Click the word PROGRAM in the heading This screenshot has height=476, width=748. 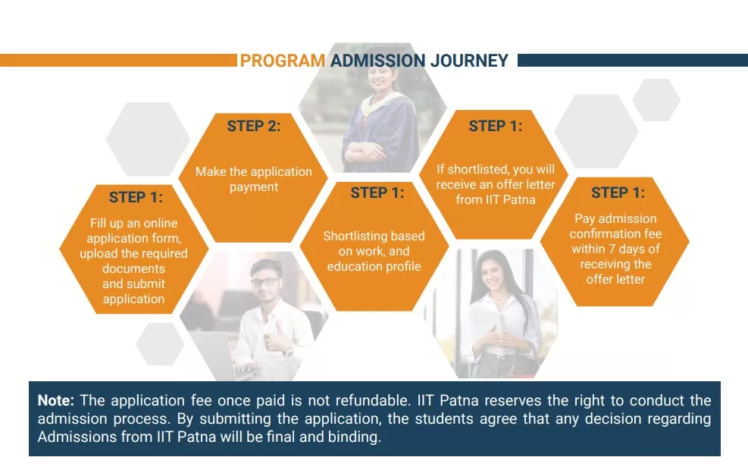[x=283, y=61]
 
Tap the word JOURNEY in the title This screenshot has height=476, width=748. [x=469, y=61]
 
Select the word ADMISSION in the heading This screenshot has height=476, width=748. [x=377, y=61]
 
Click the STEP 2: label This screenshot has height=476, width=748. [x=254, y=126]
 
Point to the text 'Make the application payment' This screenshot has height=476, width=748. [x=254, y=179]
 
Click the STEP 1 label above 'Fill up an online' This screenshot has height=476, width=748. [x=136, y=197]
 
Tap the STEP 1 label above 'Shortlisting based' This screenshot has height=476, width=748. [x=377, y=193]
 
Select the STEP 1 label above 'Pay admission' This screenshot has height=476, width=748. [x=618, y=193]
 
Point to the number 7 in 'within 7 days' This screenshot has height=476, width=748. [x=612, y=249]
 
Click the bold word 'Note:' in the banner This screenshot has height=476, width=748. [x=56, y=400]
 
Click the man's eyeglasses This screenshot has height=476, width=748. [x=263, y=282]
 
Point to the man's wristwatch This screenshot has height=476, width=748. [x=287, y=352]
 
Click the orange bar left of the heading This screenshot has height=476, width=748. [x=118, y=61]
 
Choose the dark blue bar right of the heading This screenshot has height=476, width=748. [x=633, y=61]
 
